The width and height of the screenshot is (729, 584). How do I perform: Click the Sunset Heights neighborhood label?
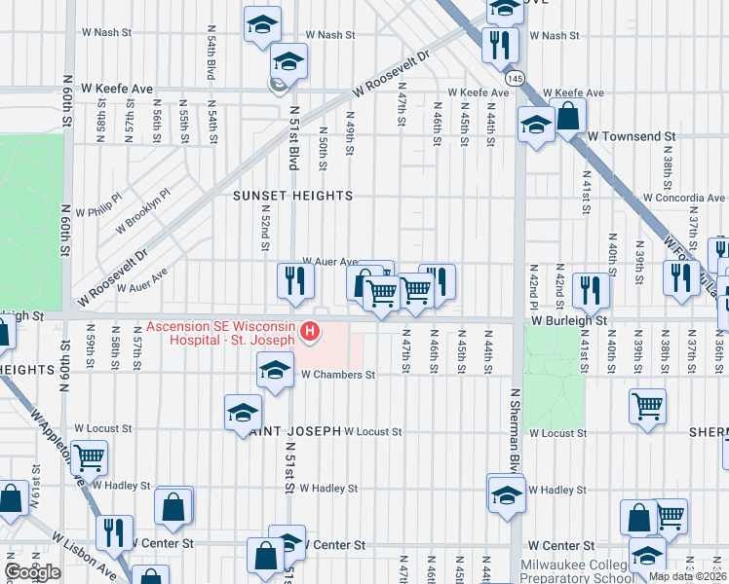(292, 196)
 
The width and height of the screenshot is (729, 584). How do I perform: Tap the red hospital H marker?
(310, 333)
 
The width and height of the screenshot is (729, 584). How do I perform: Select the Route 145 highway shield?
(515, 77)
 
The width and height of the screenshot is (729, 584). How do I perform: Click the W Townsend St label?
(632, 137)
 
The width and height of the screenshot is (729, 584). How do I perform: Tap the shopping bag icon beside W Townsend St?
(567, 117)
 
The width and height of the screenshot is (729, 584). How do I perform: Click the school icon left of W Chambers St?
(275, 370)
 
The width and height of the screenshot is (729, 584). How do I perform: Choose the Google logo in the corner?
(32, 572)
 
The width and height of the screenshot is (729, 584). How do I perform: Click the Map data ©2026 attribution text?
(688, 576)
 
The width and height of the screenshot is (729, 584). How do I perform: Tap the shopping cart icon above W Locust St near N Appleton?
(89, 456)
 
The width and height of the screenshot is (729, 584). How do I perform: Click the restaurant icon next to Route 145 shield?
(499, 45)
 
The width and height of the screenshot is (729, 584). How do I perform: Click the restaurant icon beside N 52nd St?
(293, 281)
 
